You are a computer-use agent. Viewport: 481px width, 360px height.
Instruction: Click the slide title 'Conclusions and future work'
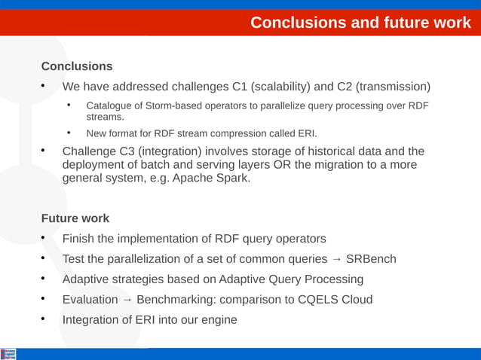tap(360, 23)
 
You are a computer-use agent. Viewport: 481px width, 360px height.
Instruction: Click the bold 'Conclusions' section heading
tap(77, 66)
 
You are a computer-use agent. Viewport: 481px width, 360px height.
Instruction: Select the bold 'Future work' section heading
tap(75, 218)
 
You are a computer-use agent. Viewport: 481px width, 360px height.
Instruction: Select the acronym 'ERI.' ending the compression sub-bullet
tap(307, 133)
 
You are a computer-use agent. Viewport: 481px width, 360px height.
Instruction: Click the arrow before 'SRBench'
tap(336, 259)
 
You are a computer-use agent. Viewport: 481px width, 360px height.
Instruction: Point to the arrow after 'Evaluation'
tap(127, 300)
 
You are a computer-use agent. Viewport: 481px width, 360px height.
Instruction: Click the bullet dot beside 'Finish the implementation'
tap(44, 238)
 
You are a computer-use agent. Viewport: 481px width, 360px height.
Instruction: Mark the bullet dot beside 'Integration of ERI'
tap(44, 319)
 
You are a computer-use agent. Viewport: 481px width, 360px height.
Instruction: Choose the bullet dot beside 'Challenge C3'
tap(44, 151)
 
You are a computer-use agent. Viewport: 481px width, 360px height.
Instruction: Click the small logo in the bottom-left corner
tap(8, 353)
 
